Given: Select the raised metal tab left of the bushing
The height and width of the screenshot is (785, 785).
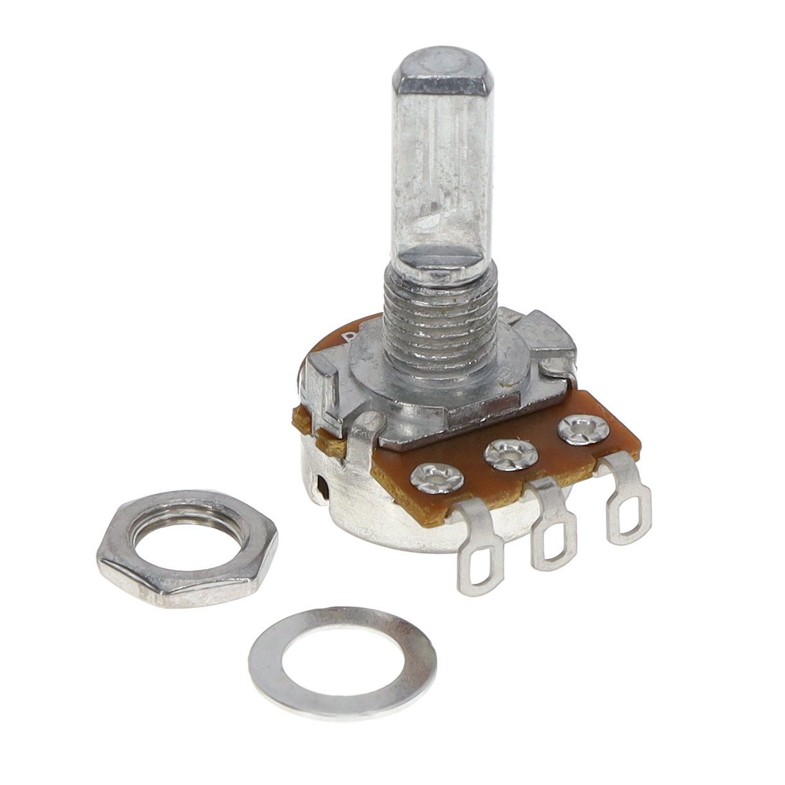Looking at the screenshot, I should pyautogui.click(x=319, y=385).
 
